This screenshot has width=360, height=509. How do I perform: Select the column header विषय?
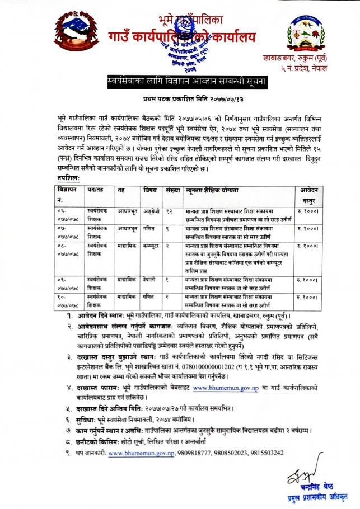[x=149, y=190]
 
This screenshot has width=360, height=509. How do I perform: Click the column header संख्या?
[x=172, y=190]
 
